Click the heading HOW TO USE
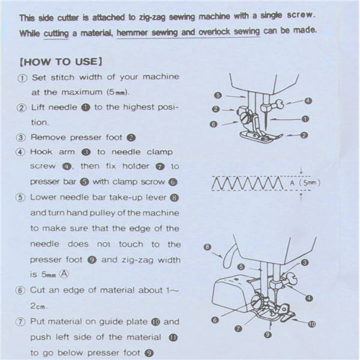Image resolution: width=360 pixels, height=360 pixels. pyautogui.click(x=61, y=62)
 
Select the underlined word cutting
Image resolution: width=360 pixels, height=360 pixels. pyautogui.click(x=56, y=34)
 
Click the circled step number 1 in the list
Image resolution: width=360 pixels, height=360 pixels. pyautogui.click(x=22, y=78)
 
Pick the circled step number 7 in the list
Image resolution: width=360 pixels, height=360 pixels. pyautogui.click(x=20, y=322)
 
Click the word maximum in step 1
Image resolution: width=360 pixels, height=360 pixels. pyautogui.click(x=82, y=92)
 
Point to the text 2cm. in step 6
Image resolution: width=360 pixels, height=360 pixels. pyautogui.click(x=38, y=306)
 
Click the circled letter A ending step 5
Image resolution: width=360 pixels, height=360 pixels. pyautogui.click(x=64, y=274)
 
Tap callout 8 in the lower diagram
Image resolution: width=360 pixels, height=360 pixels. pyautogui.click(x=207, y=247)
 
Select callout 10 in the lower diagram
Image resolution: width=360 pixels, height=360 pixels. pyautogui.click(x=311, y=324)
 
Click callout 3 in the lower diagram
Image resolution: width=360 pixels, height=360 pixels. pyautogui.click(x=304, y=262)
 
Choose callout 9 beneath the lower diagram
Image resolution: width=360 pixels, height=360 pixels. pyautogui.click(x=268, y=335)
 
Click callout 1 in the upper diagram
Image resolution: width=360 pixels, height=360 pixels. pyautogui.click(x=305, y=119)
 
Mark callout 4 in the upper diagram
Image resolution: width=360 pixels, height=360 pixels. pyautogui.click(x=308, y=101)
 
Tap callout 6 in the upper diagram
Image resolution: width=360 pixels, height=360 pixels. pyautogui.click(x=213, y=124)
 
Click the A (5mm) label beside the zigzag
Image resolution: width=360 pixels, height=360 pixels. pyautogui.click(x=305, y=183)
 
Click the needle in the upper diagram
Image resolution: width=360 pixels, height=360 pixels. pyautogui.click(x=266, y=120)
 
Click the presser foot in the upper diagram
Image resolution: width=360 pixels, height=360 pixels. pyautogui.click(x=261, y=137)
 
